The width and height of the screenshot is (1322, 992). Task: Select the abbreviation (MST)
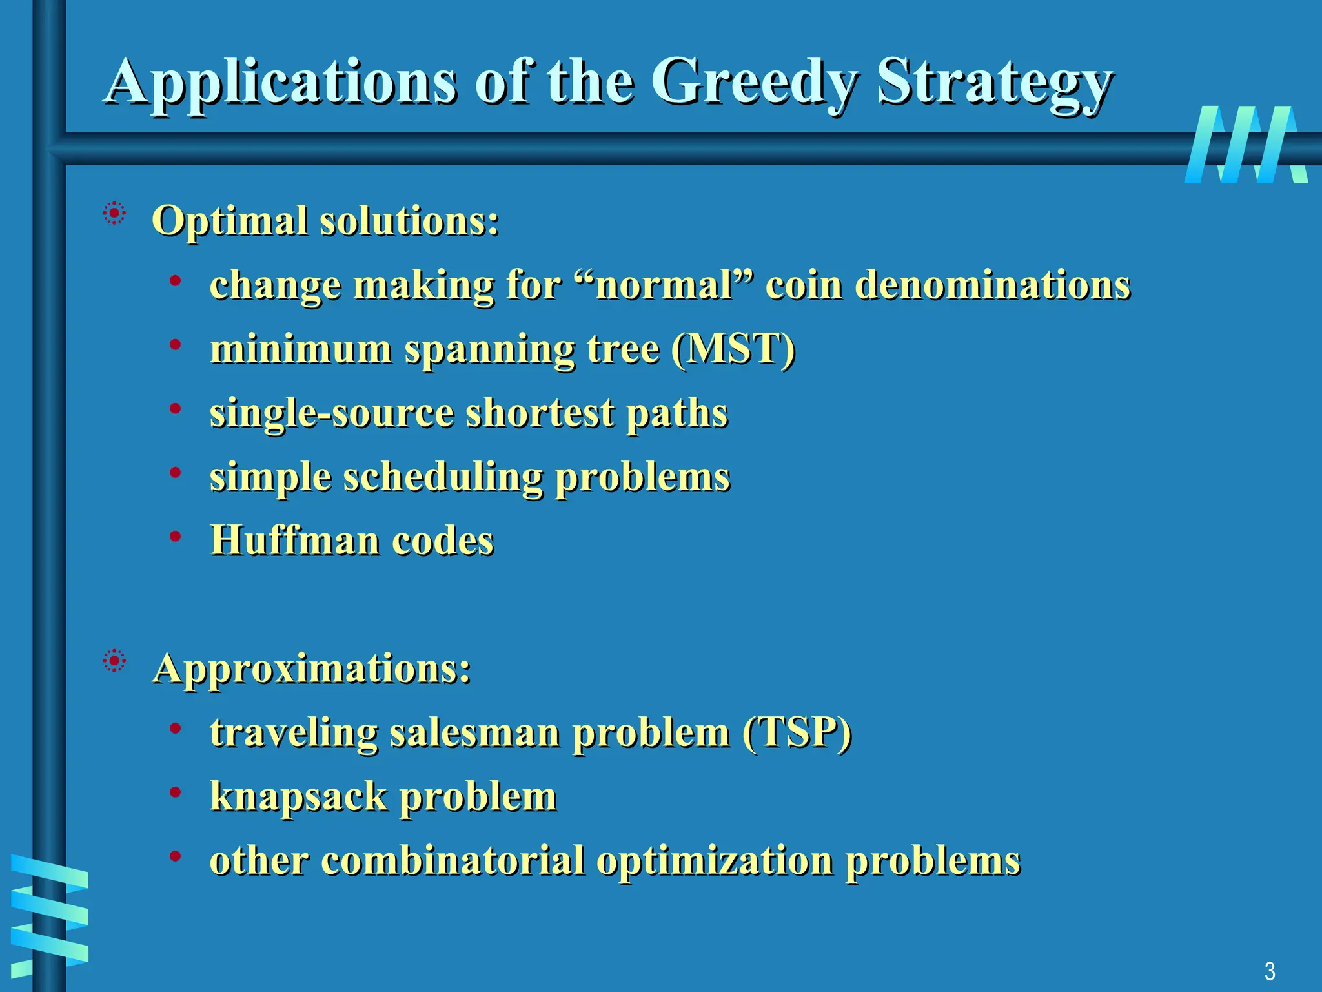[x=733, y=349]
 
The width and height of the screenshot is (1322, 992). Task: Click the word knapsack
[x=298, y=796]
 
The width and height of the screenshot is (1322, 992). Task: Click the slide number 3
[x=1270, y=971]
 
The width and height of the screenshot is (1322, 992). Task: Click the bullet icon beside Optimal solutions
[x=114, y=213]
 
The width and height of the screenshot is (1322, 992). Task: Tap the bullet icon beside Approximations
[x=114, y=661]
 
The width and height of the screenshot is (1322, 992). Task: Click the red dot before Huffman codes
[x=175, y=535]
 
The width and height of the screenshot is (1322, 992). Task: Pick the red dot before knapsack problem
[x=175, y=792]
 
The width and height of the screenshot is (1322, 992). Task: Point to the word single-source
[x=331, y=413]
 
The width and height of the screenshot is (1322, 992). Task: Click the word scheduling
[x=443, y=477]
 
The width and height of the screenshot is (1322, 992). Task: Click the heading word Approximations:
[x=312, y=668]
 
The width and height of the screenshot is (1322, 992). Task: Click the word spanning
[x=489, y=350]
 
